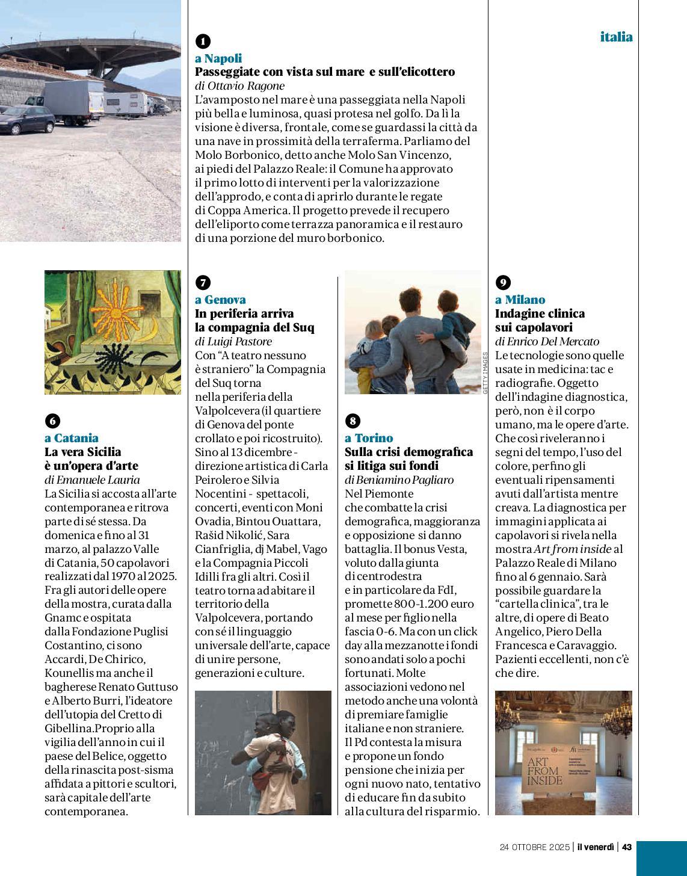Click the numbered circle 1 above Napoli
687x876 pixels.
(203, 41)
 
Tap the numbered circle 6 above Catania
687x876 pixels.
(53, 421)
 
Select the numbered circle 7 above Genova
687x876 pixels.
(203, 282)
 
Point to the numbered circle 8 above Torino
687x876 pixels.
(353, 421)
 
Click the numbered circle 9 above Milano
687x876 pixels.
(503, 282)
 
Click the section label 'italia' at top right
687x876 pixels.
(616, 37)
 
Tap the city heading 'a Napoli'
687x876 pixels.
(218, 58)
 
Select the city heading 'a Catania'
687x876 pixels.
(72, 438)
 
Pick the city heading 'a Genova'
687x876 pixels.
(220, 300)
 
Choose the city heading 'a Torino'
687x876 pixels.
(369, 438)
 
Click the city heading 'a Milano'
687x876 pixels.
(520, 300)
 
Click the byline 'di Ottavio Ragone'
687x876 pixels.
(239, 85)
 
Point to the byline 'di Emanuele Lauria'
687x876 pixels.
(92, 480)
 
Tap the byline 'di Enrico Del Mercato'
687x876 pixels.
(547, 341)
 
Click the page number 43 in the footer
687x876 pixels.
(626, 847)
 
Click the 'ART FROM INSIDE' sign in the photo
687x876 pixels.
(546, 770)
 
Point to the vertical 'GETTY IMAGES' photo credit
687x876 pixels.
(485, 373)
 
